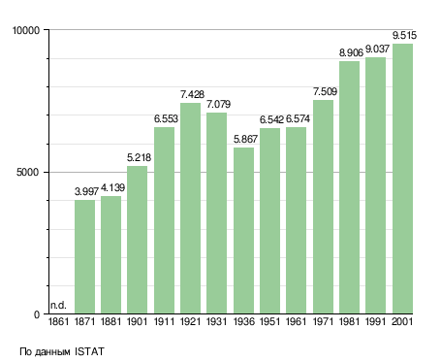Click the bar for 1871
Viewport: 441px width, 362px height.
(84, 257)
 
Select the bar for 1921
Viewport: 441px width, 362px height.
(190, 209)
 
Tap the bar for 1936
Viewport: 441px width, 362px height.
(243, 231)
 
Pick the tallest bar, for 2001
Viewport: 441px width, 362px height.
(402, 179)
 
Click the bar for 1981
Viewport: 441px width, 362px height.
(349, 187)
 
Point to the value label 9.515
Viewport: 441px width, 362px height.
(404, 35)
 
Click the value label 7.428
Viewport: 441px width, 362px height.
(192, 94)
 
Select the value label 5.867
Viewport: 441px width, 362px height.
(245, 139)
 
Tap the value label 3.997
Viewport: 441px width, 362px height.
(86, 191)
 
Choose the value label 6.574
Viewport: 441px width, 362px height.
(298, 119)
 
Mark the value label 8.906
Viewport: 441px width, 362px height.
(351, 52)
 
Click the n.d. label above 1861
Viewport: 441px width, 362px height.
(58, 305)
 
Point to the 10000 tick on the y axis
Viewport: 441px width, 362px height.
(26, 30)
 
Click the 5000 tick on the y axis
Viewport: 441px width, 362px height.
(28, 172)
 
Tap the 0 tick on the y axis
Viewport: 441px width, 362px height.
(37, 314)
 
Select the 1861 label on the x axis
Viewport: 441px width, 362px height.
(58, 322)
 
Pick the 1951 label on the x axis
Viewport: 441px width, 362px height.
(269, 322)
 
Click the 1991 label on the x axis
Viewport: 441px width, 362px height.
(376, 322)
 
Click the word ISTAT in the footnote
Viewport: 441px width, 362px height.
(89, 351)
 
